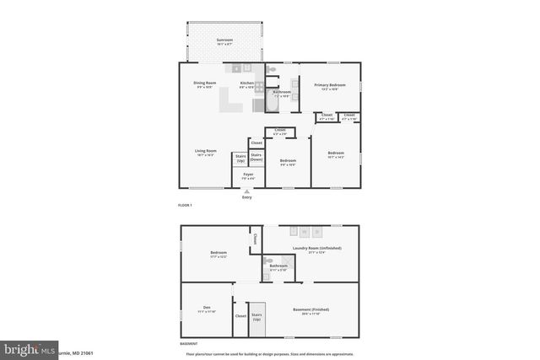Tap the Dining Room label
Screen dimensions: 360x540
coord(205,85)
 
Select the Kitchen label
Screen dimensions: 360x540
coord(246,84)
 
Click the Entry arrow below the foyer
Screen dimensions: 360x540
coord(247,191)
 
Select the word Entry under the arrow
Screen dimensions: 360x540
coord(247,197)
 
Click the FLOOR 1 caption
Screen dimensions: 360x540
coord(186,206)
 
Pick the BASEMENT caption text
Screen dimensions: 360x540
coord(189,344)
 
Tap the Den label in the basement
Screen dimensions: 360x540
coord(207,309)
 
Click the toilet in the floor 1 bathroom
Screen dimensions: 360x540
coord(273,71)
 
